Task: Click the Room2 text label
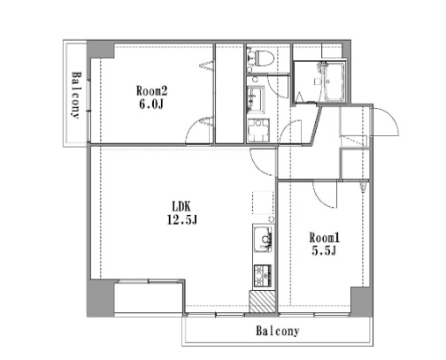(151, 91)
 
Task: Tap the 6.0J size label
(151, 104)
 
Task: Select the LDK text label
(181, 206)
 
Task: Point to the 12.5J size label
(182, 219)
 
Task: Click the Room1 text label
(325, 238)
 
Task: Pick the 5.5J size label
(324, 251)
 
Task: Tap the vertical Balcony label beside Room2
(75, 95)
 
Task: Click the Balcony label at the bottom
(277, 331)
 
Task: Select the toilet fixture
(261, 58)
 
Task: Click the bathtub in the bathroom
(334, 82)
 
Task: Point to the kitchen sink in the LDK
(263, 239)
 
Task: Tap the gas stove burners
(263, 275)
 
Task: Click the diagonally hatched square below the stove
(262, 302)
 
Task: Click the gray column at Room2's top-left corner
(100, 50)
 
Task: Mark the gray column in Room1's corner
(361, 302)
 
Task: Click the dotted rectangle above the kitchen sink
(263, 203)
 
